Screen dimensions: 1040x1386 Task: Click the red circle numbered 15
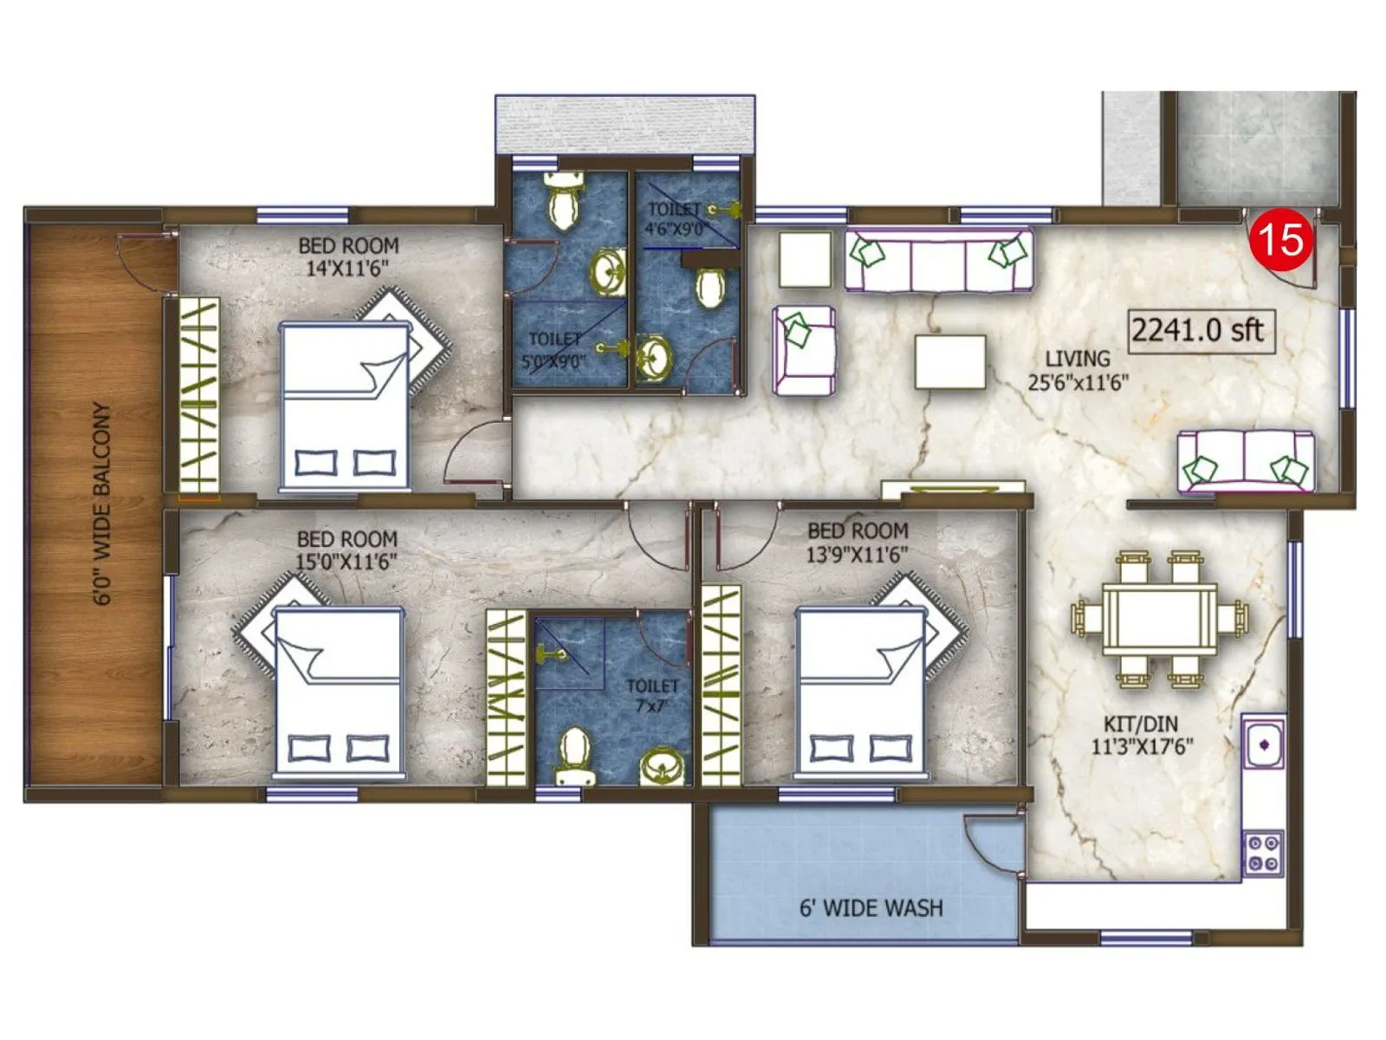1281,238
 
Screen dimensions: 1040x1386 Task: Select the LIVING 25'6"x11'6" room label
1078,370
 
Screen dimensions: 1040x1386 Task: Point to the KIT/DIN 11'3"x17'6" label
1141,735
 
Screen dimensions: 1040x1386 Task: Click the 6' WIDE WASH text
871,907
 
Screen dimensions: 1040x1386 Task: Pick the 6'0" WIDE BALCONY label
102,503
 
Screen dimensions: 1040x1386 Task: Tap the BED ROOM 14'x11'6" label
348,257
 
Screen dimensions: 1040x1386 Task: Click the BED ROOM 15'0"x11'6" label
346,550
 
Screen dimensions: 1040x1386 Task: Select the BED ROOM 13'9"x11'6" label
858,542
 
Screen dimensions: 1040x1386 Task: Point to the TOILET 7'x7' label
652,695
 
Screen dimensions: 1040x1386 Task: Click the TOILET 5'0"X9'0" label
554,350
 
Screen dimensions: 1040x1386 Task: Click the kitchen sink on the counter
1264,743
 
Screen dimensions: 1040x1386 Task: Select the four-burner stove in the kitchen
1263,853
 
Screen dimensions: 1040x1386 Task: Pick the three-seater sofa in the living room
938,260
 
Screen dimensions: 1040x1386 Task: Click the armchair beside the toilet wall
804,350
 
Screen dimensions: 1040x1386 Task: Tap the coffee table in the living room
950,361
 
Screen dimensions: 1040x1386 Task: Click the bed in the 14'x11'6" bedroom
345,406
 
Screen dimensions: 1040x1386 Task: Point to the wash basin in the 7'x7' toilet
662,767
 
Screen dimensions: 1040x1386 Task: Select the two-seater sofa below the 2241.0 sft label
1245,461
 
